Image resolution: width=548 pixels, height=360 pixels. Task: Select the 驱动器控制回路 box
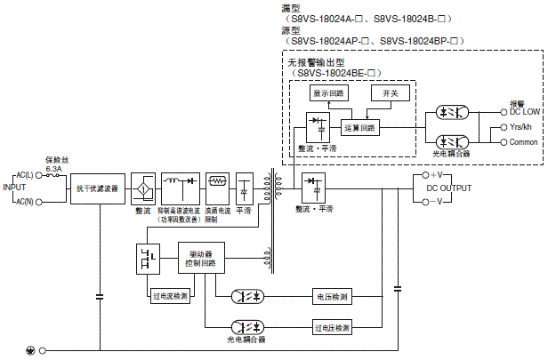[x=202, y=258]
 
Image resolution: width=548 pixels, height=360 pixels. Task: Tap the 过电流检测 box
[x=169, y=296]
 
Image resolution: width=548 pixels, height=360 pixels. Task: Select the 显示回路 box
[x=329, y=92]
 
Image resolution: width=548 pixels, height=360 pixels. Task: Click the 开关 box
[x=390, y=92]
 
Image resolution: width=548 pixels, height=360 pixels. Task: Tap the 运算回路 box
[x=359, y=127]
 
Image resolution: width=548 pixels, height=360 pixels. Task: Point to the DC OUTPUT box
[x=442, y=188]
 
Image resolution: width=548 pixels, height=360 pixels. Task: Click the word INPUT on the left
[x=14, y=188]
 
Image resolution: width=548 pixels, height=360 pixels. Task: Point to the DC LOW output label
[x=523, y=112]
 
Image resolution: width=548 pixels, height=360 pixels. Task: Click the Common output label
[x=523, y=141]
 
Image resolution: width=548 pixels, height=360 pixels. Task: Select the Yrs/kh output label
[x=521, y=127]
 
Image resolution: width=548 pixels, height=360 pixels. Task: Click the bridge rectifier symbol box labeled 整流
[x=142, y=188]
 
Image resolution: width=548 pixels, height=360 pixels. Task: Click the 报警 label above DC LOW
[x=516, y=102]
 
